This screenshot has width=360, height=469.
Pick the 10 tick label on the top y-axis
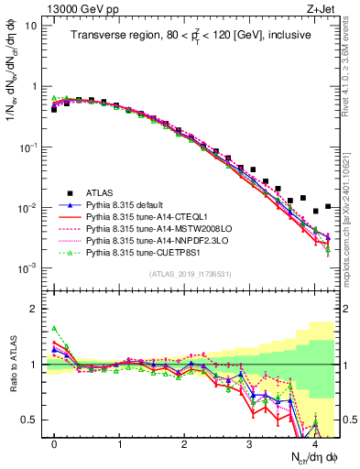(x=28, y=25)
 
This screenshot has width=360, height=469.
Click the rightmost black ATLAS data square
(x=328, y=206)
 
